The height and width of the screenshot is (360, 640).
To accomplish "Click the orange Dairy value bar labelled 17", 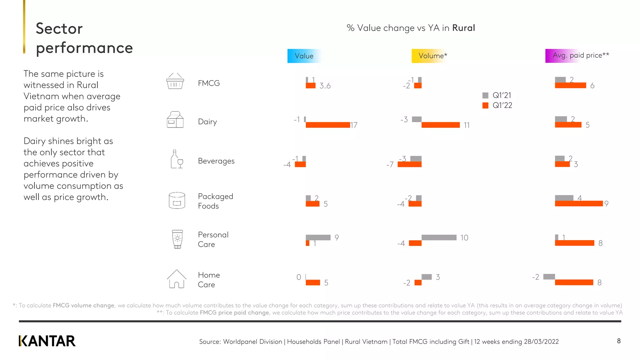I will (x=327, y=125).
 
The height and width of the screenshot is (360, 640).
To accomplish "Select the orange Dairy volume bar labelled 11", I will (x=440, y=125).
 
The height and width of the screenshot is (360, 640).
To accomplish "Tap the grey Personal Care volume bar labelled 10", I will (x=439, y=237).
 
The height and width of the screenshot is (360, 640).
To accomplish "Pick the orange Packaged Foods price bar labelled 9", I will (x=578, y=204).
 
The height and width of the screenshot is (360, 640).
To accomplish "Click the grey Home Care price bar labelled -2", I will (x=549, y=277).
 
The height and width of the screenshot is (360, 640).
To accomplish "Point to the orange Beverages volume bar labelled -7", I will (x=409, y=164).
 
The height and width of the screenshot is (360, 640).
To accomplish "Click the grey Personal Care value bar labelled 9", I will (x=318, y=237).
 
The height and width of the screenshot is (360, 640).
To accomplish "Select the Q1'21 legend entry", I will (x=497, y=95).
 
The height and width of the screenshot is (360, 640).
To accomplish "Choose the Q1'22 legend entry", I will (x=497, y=105).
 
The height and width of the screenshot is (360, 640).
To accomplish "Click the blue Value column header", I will (x=304, y=56).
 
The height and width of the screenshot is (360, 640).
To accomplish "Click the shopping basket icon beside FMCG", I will (x=175, y=81).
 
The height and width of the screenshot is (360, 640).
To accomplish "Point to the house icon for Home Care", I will (x=177, y=279).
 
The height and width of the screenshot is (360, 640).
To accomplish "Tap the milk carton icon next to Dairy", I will (x=175, y=120).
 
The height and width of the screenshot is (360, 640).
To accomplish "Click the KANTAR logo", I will (x=47, y=341).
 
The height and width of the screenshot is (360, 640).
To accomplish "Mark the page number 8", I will (x=619, y=341).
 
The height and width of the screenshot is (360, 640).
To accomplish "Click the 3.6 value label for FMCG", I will (x=325, y=86).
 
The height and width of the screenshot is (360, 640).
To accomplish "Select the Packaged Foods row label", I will (x=215, y=201).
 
